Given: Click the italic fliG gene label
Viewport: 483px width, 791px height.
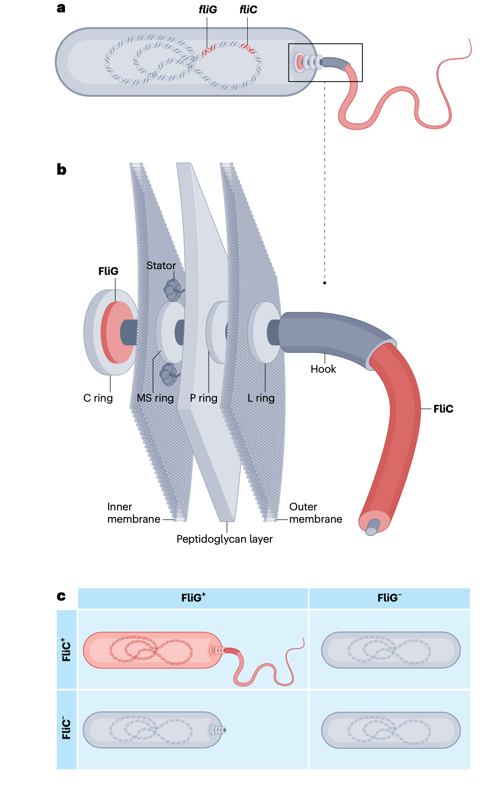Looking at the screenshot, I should [x=208, y=10].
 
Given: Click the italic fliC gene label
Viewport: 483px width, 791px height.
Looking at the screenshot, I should [x=248, y=10].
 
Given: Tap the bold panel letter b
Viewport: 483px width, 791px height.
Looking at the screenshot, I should [x=62, y=169].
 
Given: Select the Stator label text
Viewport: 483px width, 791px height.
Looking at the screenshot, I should [x=161, y=266].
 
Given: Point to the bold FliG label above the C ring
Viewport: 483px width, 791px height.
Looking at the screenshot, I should [x=108, y=272].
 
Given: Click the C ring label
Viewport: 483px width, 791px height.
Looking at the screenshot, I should [x=98, y=398].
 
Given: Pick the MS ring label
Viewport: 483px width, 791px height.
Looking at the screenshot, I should [x=155, y=398].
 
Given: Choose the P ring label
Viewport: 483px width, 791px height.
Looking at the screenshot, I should [x=204, y=398].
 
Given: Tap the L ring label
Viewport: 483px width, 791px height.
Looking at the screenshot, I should [x=261, y=398].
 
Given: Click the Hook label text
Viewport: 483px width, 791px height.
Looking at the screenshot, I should [x=323, y=369].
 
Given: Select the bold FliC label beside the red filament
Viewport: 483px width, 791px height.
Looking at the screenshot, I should [x=443, y=409].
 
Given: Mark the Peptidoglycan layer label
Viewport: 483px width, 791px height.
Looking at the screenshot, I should [x=224, y=539].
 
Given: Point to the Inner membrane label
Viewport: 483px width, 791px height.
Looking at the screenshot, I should [x=133, y=513].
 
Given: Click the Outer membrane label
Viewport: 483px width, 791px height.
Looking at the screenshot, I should [x=316, y=513].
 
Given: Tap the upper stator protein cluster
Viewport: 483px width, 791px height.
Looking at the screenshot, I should [x=172, y=290].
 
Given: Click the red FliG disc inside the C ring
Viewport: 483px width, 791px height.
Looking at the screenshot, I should [x=116, y=332].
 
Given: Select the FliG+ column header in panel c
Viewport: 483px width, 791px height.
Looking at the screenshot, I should [x=193, y=598].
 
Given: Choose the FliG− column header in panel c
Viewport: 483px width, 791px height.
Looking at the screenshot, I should [x=389, y=598].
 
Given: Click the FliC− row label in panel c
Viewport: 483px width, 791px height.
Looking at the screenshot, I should [x=66, y=728].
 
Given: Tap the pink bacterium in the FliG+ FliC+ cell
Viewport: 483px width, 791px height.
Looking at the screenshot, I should [x=152, y=650].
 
